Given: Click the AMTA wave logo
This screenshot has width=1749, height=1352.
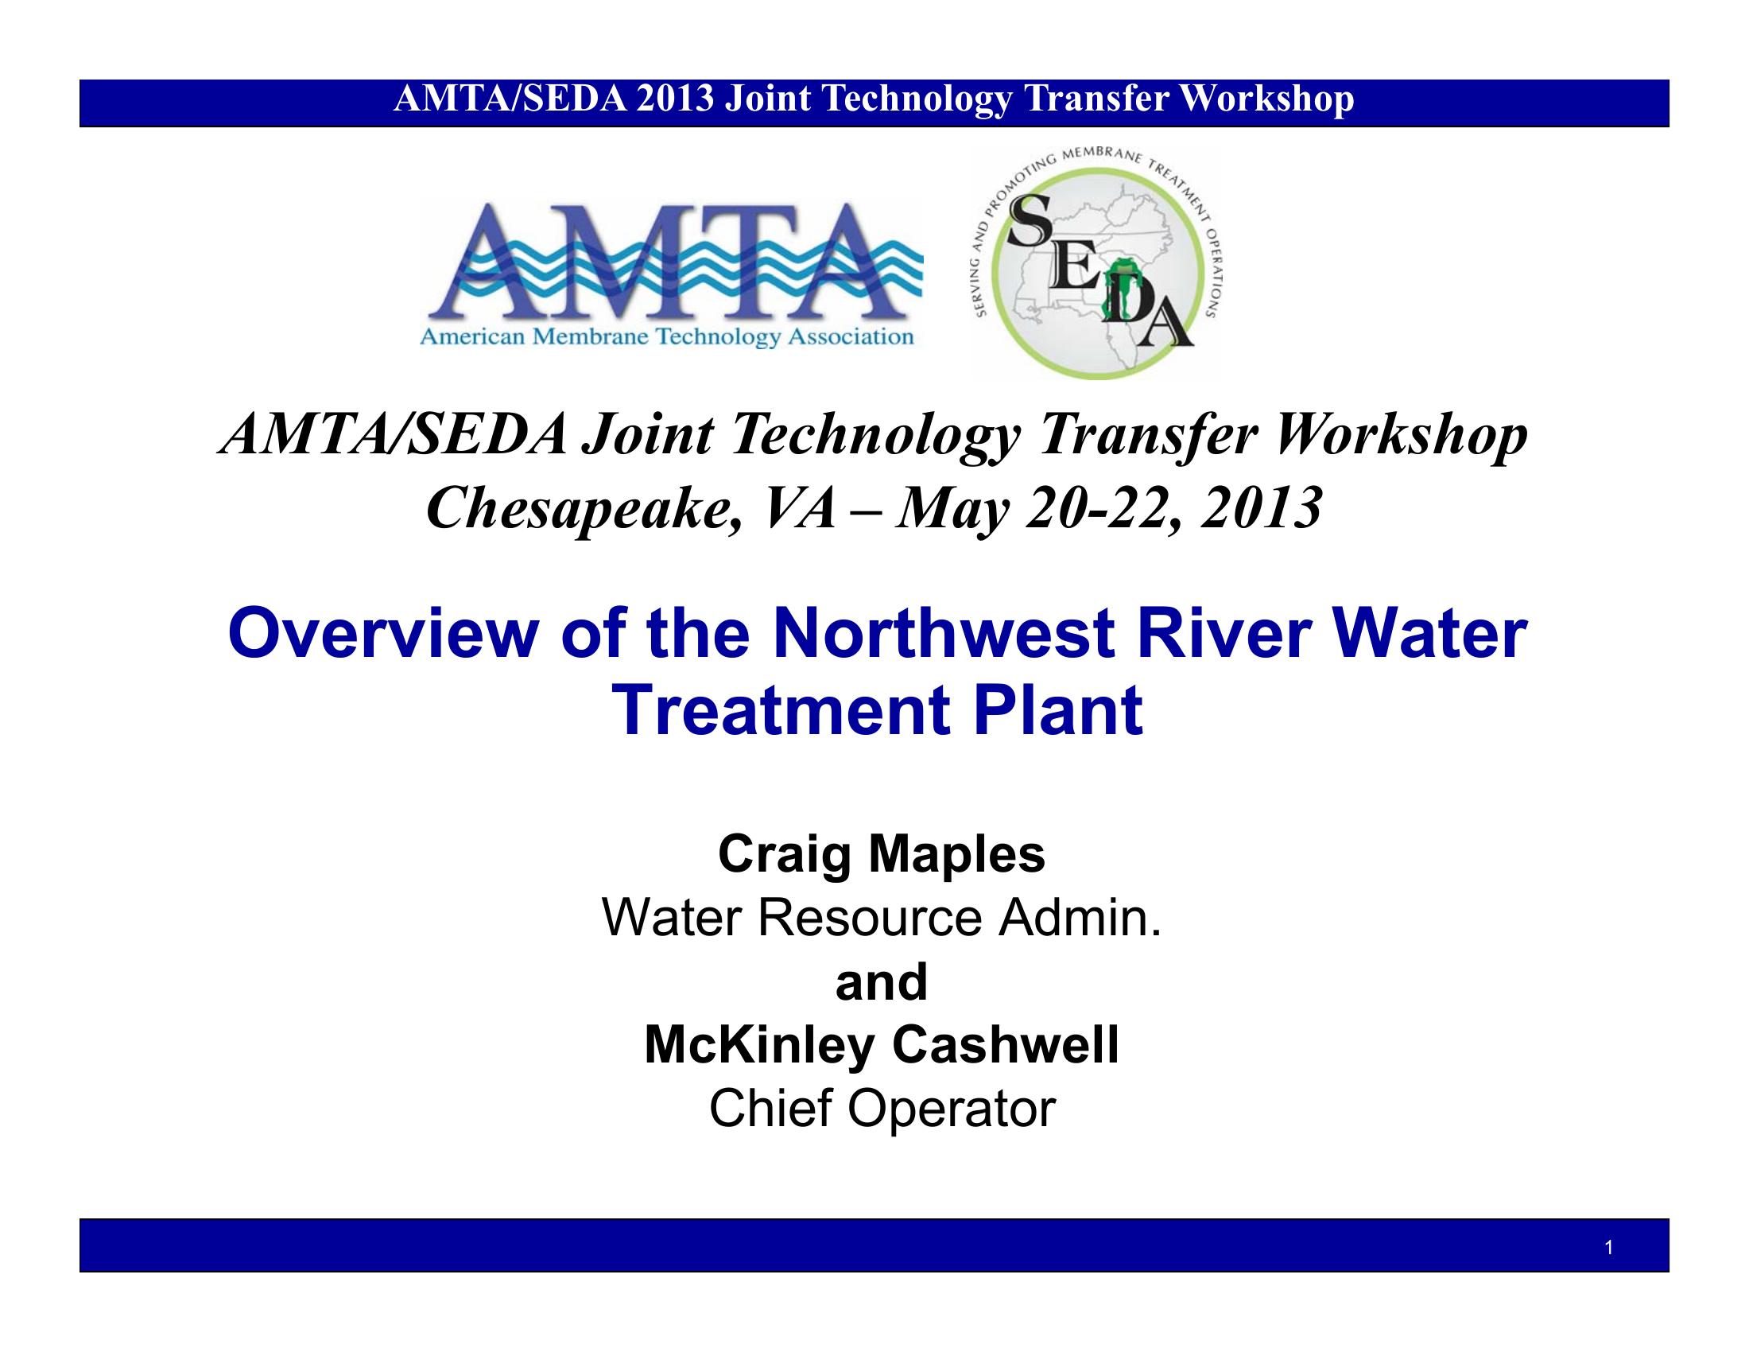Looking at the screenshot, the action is point(671,274).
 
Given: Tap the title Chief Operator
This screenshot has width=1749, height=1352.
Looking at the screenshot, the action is point(882,1109).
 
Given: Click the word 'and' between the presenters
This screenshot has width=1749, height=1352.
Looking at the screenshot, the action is point(882,982).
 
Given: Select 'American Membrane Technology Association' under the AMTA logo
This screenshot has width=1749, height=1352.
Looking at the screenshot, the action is point(666,337).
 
